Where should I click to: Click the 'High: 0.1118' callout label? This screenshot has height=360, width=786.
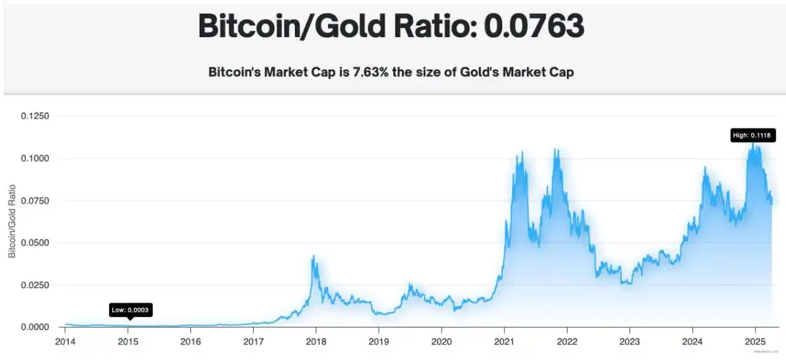point(753,136)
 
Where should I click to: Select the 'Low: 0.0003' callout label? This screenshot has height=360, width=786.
point(131,310)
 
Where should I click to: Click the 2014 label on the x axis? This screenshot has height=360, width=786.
point(65,341)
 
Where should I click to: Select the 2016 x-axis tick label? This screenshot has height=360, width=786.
point(190,341)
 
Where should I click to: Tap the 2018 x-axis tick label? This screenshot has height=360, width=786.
point(316,341)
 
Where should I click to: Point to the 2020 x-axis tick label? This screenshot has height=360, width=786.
point(442,341)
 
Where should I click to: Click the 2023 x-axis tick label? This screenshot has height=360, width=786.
point(629,341)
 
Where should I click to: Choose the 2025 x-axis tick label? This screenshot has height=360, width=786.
point(755,341)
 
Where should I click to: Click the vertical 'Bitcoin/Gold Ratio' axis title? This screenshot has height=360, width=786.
point(12,221)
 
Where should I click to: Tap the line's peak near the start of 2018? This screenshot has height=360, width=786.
point(313,256)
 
